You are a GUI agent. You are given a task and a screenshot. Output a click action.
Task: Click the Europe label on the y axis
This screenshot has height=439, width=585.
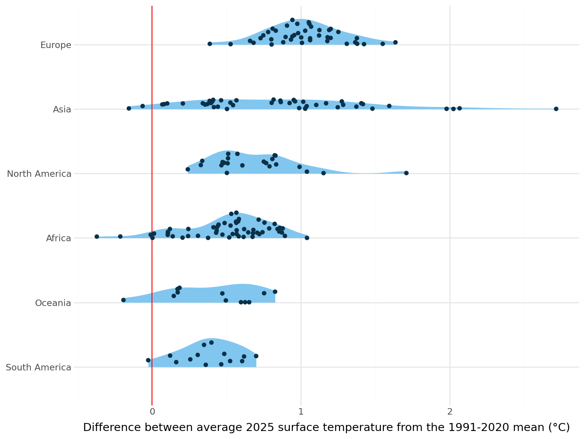(x=56, y=45)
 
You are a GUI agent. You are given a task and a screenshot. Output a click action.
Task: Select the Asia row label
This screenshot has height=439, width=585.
(x=62, y=110)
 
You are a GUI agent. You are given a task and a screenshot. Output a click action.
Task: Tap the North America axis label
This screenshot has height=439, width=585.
(x=39, y=174)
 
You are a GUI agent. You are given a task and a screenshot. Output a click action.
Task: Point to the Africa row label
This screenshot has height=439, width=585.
(x=59, y=239)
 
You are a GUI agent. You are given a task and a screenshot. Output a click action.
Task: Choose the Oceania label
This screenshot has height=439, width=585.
(x=53, y=303)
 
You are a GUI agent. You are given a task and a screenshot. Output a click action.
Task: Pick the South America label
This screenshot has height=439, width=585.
(x=38, y=368)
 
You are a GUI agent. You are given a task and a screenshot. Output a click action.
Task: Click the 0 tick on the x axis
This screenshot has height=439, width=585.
(x=152, y=412)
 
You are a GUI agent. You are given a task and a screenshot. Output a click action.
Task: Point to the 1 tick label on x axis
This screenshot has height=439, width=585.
(x=301, y=412)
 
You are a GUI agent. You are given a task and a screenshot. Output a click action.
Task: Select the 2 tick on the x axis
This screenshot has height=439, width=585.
(x=450, y=412)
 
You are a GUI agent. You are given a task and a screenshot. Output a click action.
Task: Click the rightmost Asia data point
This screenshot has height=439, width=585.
(x=556, y=109)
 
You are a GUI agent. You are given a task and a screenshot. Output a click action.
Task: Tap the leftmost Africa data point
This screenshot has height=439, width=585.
(x=97, y=237)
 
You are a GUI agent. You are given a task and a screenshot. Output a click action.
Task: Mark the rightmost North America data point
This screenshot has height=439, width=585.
(x=406, y=173)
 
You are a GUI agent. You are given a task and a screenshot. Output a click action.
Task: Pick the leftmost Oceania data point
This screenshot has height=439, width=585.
(x=123, y=300)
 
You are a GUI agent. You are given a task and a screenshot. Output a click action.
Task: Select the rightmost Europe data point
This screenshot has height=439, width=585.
(x=395, y=42)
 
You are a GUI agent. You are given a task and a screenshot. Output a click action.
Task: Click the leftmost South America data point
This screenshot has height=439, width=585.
(x=148, y=360)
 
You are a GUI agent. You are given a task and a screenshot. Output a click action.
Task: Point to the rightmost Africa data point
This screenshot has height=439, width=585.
(x=307, y=238)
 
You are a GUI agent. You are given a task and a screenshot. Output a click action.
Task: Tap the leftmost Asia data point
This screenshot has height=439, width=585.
(x=129, y=108)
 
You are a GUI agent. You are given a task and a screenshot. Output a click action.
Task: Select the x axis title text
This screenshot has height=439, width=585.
(x=326, y=428)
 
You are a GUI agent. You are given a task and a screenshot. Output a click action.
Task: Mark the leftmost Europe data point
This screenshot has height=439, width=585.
(x=209, y=44)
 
